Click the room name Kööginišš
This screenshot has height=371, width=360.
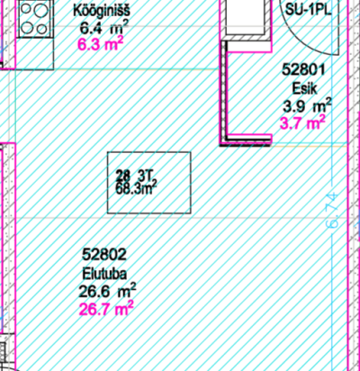[x=102, y=11]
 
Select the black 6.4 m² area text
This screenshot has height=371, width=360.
[x=104, y=28]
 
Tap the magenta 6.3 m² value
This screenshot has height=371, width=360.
[x=101, y=45]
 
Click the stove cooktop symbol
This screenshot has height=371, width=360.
[x=34, y=19]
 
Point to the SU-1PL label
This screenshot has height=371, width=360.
[x=308, y=10]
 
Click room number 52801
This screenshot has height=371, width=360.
[x=303, y=70]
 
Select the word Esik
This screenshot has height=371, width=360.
[x=304, y=88]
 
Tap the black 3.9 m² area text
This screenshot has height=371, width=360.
[x=307, y=106]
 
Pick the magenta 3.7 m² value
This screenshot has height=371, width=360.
[x=302, y=122]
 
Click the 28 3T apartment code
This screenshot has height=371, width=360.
[x=135, y=176]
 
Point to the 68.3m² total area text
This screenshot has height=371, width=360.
[x=137, y=189]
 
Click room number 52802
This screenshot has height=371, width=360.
[x=104, y=255]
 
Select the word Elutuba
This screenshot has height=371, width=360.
[x=104, y=274]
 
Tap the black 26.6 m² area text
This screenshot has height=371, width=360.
[x=107, y=291]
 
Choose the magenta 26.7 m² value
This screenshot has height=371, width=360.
[x=106, y=309]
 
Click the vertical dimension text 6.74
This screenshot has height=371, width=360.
[x=333, y=211]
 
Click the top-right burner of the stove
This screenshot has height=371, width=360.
[x=41, y=11]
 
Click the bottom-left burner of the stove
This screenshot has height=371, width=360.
[x=27, y=28]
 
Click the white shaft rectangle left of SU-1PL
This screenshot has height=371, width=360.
[x=246, y=17]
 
